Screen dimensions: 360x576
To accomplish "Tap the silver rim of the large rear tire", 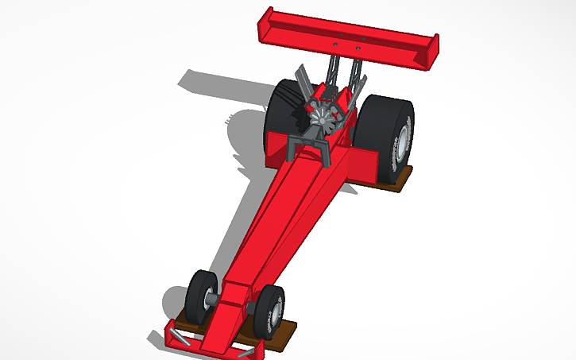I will (x=404, y=142).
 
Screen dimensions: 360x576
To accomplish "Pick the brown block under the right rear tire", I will (x=395, y=180).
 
